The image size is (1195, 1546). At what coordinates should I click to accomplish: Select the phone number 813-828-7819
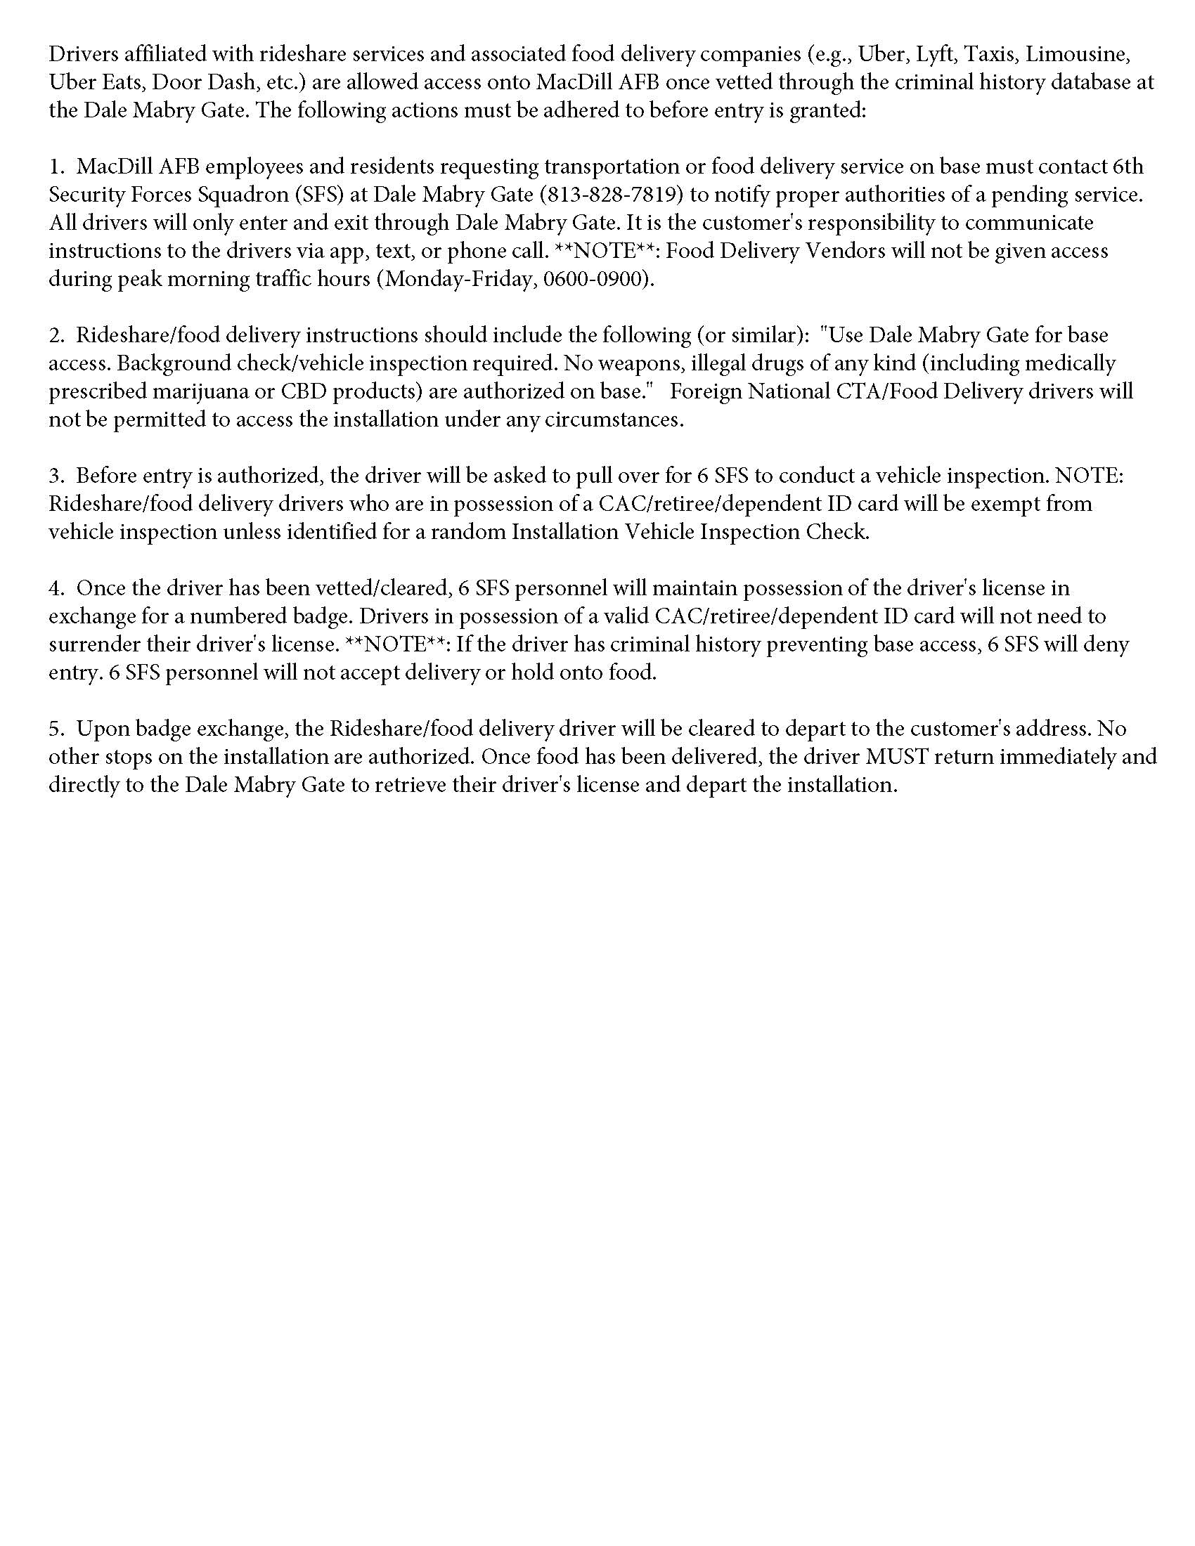pyautogui.click(x=614, y=195)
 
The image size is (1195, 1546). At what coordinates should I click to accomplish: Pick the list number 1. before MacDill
pyautogui.click(x=56, y=167)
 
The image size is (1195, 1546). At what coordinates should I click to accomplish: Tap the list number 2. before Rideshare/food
pyautogui.click(x=56, y=334)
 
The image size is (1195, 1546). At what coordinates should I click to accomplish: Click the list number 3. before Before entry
pyautogui.click(x=56, y=476)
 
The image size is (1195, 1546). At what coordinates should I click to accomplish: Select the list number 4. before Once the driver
pyautogui.click(x=56, y=588)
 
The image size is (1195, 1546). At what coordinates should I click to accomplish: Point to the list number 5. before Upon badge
pyautogui.click(x=56, y=729)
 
